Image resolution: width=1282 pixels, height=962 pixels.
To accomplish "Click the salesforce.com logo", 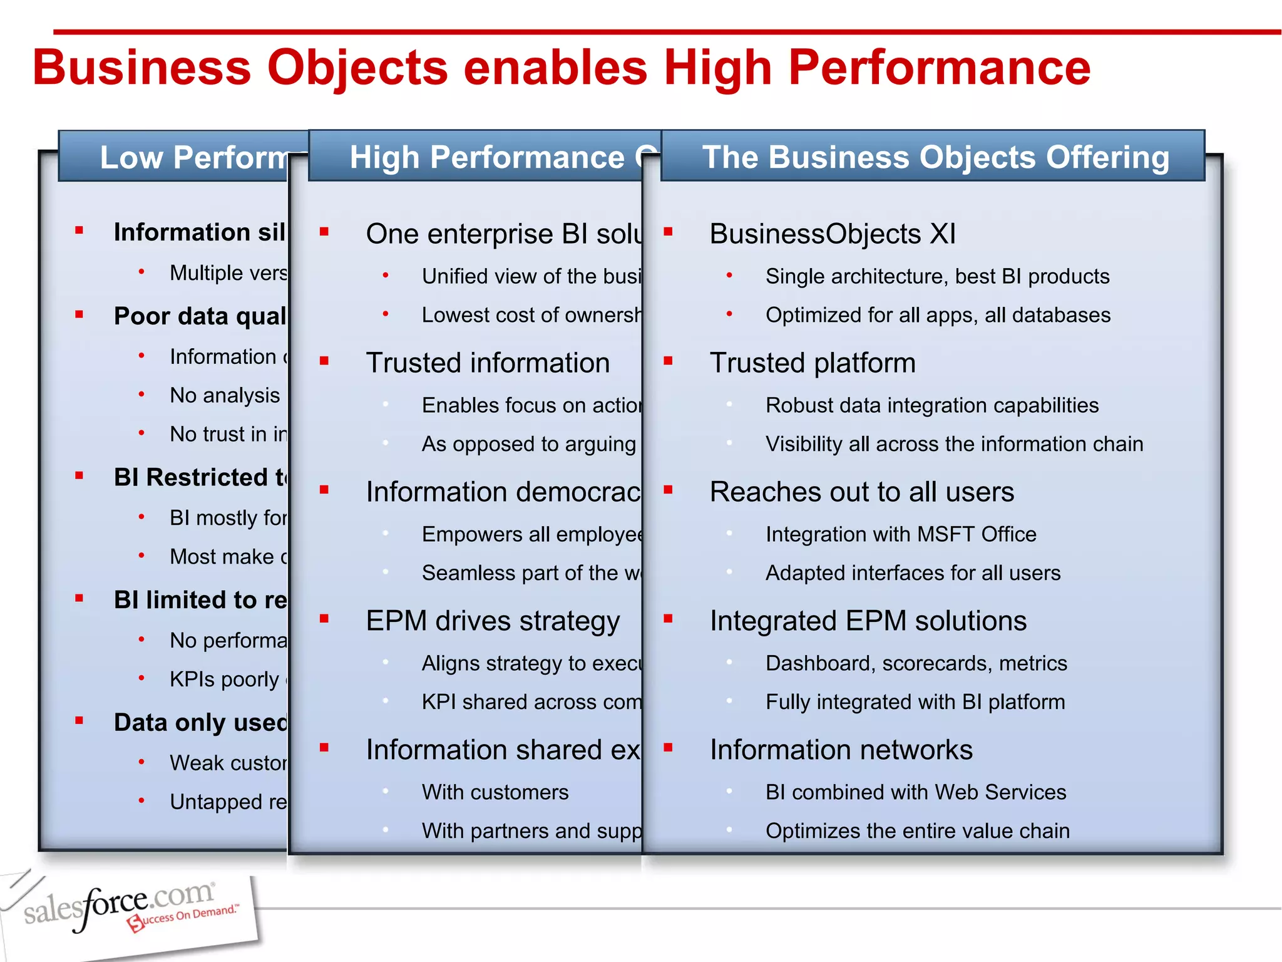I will click(128, 908).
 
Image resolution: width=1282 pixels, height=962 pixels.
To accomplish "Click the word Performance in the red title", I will click(939, 68).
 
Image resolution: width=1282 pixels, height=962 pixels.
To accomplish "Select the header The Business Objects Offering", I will click(935, 157).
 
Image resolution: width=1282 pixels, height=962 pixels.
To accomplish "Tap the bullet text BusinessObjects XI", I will click(833, 234).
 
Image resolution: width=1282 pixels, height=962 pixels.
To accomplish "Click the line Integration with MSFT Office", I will click(901, 534).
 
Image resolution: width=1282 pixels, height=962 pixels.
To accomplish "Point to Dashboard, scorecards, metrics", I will click(916, 663).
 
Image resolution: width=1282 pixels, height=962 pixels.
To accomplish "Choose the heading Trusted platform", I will click(813, 363).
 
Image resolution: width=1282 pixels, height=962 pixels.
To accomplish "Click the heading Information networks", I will click(841, 750).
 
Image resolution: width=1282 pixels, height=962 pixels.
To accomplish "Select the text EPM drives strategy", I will click(493, 621).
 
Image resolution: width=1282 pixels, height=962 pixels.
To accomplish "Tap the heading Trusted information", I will click(488, 363).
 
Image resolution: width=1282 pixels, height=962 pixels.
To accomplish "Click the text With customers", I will click(495, 792).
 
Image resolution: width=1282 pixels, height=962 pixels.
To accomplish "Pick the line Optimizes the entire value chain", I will click(917, 831).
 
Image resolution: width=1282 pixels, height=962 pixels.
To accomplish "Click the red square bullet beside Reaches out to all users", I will click(668, 490).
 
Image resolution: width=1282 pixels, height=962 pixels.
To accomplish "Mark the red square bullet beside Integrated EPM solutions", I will click(668, 619).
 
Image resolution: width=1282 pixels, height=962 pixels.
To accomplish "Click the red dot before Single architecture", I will click(729, 275).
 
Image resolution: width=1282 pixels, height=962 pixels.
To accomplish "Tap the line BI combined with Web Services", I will click(916, 792).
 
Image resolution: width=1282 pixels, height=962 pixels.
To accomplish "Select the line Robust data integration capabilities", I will click(932, 405).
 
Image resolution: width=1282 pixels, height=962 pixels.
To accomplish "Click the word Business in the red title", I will click(141, 68).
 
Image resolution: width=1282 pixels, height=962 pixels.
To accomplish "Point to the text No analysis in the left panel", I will click(225, 396).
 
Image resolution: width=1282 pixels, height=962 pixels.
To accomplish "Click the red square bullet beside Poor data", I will click(79, 314).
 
